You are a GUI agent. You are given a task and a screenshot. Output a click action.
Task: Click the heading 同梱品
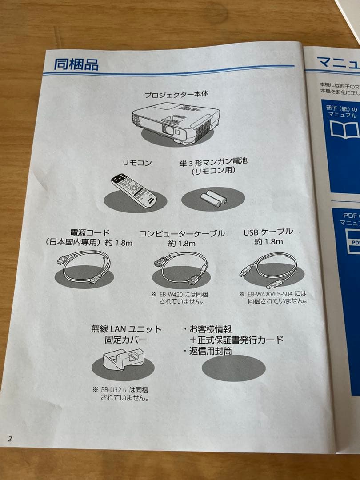tap(76, 64)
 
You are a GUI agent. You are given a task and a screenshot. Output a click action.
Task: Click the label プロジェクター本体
tap(176, 95)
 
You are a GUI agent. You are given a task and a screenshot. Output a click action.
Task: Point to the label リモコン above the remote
tap(137, 163)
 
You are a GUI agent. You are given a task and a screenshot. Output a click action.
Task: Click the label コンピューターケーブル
tap(182, 234)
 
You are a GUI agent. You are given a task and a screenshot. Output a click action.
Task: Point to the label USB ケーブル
tap(268, 232)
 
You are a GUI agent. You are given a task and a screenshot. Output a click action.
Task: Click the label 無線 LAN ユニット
tap(126, 329)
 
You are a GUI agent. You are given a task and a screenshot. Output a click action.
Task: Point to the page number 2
tap(10, 439)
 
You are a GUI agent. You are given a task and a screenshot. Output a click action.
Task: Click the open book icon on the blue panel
tap(344, 129)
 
